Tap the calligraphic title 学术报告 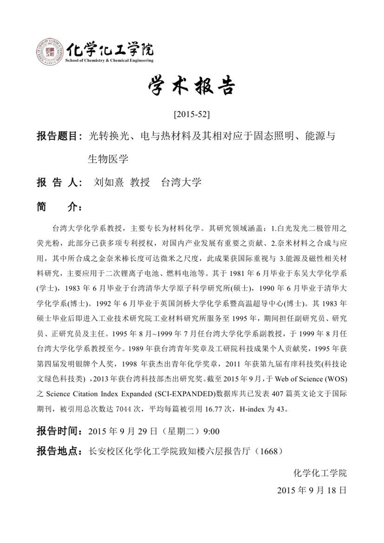point(191,87)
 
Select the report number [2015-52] point(191,115)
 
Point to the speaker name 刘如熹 point(109,182)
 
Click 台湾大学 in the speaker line point(181,182)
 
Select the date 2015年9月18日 point(312,490)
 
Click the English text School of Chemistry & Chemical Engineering point(109,60)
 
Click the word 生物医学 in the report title point(108,159)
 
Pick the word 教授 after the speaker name point(139,182)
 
